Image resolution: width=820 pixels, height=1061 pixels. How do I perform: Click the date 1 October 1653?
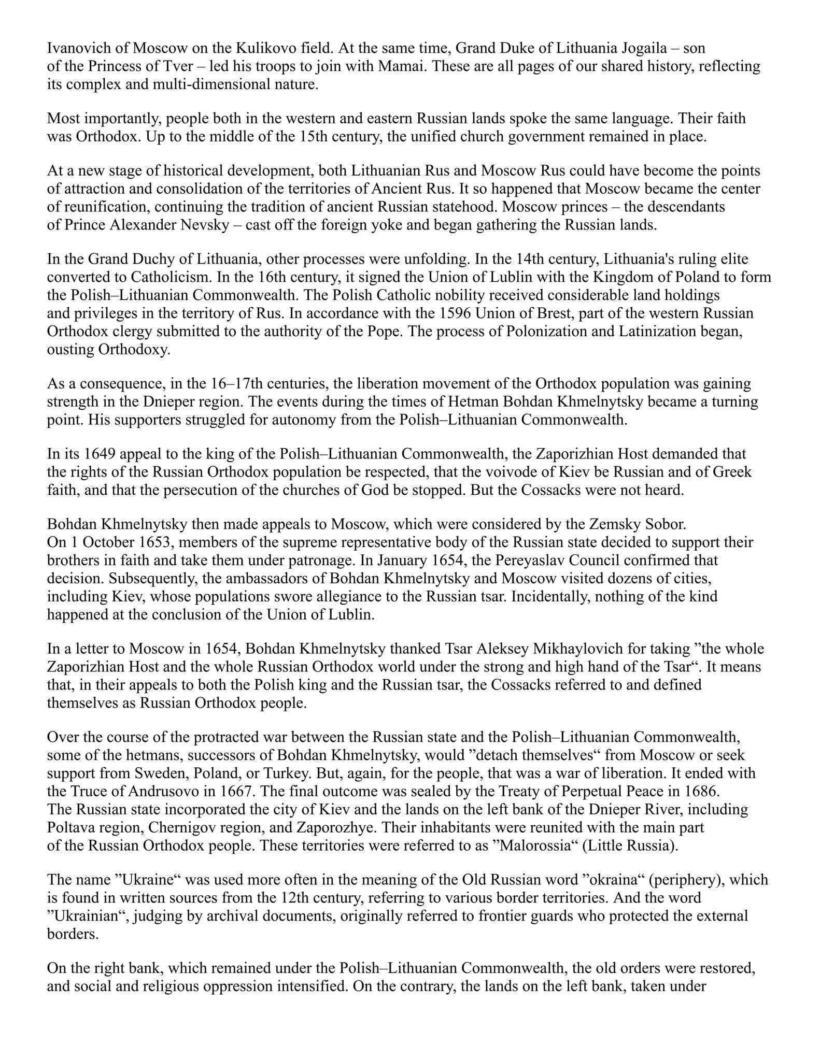(x=112, y=542)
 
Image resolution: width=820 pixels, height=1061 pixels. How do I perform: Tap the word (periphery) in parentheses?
(x=686, y=880)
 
